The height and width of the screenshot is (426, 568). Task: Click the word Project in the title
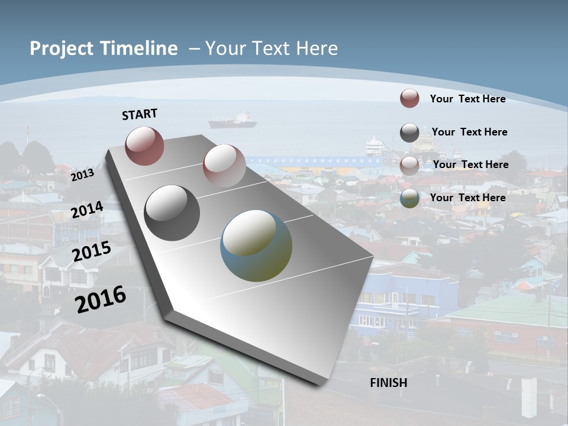coord(59,49)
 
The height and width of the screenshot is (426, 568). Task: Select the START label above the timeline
coord(140,114)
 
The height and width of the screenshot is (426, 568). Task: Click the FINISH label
coord(389,383)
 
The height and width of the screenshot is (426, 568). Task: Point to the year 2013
coord(82,175)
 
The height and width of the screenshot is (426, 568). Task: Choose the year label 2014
coord(87,210)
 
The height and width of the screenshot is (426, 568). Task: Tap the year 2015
coord(91,251)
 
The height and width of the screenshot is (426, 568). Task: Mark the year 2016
coord(101,299)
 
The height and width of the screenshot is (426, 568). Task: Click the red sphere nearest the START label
coord(144,146)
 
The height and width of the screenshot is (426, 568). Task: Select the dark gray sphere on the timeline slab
coord(172,213)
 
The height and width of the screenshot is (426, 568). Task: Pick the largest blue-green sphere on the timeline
coord(256,246)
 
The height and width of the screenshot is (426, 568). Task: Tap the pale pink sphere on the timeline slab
coord(224,166)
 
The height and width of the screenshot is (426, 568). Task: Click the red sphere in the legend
coord(409,98)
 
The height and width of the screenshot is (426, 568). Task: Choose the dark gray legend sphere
coord(409,133)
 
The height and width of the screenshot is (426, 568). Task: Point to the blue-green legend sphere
coord(409,198)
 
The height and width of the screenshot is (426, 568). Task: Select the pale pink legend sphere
coord(409,166)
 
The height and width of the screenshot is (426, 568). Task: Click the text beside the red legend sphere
coord(467,99)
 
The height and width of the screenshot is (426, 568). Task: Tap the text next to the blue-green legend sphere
coord(467,198)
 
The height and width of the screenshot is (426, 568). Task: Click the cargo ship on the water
coord(233,121)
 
